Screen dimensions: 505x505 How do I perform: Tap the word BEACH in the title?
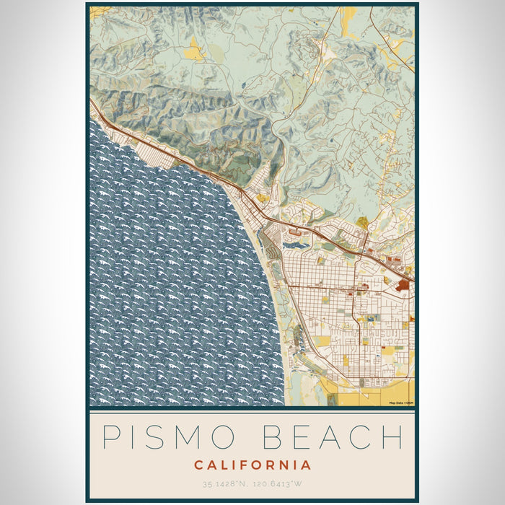[x=328, y=437]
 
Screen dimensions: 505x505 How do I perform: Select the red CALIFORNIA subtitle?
[x=252, y=465]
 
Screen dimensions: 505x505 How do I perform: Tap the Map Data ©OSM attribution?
[x=400, y=403]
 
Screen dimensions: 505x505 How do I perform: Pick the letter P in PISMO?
[x=110, y=437]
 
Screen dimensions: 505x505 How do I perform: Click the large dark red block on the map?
[x=402, y=285]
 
